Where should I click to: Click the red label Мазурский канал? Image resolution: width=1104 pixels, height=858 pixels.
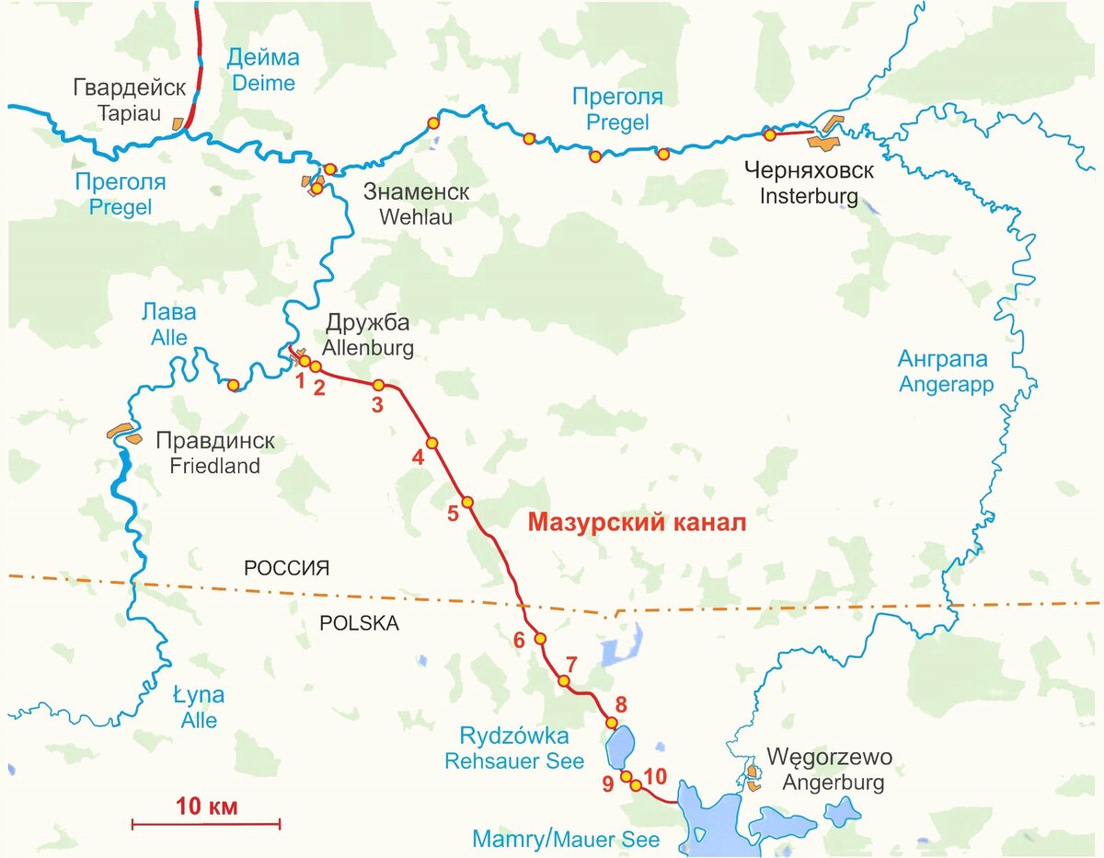click(636, 523)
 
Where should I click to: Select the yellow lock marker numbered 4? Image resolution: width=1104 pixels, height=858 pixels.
click(431, 443)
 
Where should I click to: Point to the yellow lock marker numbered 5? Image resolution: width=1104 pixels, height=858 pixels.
click(467, 502)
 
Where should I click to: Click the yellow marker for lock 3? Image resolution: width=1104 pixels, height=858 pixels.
click(378, 385)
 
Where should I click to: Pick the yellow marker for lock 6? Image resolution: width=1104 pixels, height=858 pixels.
click(540, 638)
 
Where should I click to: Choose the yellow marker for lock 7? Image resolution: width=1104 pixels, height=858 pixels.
click(564, 681)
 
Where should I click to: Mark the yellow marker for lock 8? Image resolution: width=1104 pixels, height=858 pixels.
click(612, 723)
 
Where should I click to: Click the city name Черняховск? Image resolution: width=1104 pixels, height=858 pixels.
click(809, 171)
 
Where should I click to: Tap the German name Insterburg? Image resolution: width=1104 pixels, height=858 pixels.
click(809, 196)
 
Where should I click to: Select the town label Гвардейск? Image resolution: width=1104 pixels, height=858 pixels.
click(129, 87)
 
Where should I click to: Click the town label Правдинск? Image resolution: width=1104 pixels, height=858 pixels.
click(215, 441)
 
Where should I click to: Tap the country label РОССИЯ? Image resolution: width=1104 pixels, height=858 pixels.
click(286, 568)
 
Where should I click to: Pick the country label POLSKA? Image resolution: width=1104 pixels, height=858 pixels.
click(359, 623)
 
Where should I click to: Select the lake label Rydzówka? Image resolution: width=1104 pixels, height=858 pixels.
click(514, 736)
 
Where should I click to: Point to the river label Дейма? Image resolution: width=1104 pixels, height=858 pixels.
click(263, 58)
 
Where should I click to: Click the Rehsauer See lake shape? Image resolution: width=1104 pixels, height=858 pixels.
click(619, 747)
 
